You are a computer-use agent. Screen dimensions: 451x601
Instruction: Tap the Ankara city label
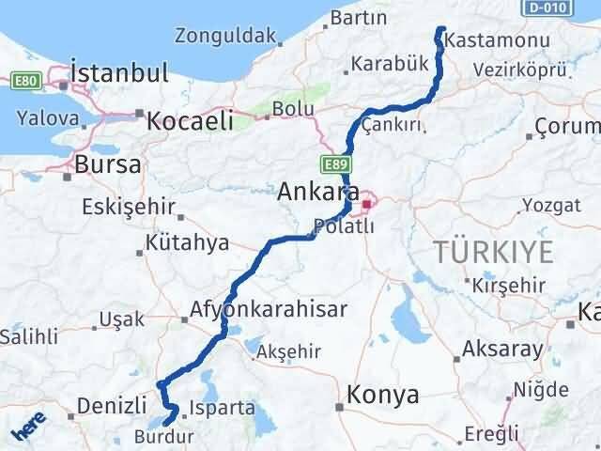click(x=316, y=192)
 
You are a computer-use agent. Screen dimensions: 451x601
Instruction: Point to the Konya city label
click(x=383, y=396)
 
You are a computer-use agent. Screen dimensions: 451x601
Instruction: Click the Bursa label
click(x=110, y=164)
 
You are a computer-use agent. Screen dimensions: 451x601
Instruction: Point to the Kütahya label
click(x=188, y=243)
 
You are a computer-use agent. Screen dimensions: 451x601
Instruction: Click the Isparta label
click(x=222, y=408)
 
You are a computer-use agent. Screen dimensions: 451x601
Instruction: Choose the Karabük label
click(x=391, y=64)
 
